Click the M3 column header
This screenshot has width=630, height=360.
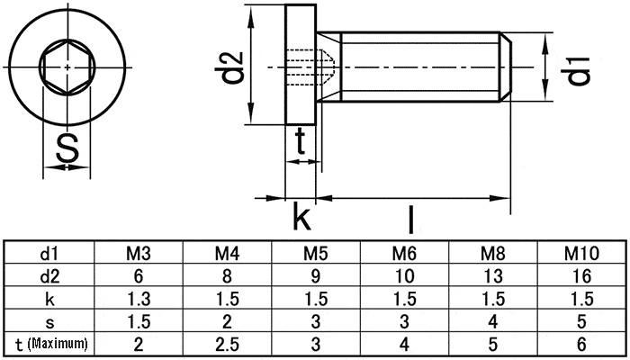pos(139,253)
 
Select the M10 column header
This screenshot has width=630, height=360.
pos(581,253)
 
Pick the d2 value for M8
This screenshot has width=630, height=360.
pos(493,276)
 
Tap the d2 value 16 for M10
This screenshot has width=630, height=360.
pos(581,276)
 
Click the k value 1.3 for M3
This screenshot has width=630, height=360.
pos(139,299)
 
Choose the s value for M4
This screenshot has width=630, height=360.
pos(227,321)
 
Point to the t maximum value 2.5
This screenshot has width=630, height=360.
pos(227,345)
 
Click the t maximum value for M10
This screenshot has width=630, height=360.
pos(581,345)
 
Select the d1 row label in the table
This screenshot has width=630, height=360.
pos(49,253)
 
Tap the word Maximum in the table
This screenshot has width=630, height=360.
pos(58,344)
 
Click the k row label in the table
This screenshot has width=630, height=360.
pos(49,299)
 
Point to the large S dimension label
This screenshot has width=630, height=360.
pos(67,148)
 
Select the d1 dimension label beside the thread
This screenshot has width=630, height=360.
pos(579,71)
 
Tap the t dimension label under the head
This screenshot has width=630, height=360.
pos(300,141)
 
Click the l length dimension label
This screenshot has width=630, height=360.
pos(410,219)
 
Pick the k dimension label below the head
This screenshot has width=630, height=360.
pos(301,217)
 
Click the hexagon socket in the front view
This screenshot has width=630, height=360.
pos(67,67)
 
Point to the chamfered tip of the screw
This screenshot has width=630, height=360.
pos(506,67)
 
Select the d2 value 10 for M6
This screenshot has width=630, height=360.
pos(404,276)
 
